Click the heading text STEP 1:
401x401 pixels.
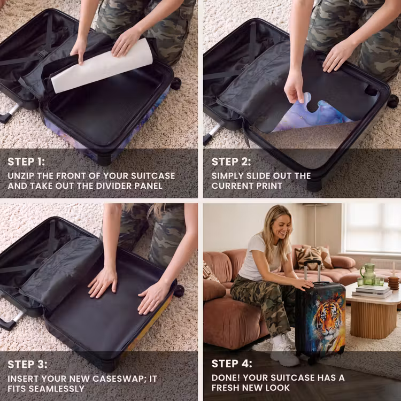point(26,161)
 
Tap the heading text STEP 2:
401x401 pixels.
point(231,161)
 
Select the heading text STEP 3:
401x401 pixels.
point(27,364)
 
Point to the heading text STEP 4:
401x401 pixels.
point(232,364)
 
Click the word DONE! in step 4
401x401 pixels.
point(226,377)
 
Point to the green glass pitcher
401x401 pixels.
point(368,274)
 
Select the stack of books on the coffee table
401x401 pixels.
point(372,291)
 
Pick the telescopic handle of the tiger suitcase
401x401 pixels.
point(312,271)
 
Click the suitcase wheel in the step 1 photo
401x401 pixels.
point(176,83)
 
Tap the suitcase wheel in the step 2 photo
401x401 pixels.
point(392,101)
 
